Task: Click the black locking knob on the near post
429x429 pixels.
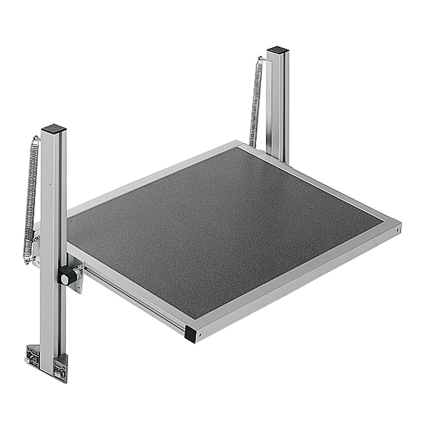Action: (x=67, y=276)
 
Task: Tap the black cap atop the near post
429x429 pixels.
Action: (x=54, y=129)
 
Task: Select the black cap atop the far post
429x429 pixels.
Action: (x=278, y=50)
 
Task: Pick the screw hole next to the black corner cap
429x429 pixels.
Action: (x=200, y=334)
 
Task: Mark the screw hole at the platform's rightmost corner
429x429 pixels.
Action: (x=396, y=231)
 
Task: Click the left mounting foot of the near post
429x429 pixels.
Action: (x=33, y=355)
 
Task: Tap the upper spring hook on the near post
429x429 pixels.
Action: (x=36, y=139)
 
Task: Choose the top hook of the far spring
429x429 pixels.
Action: (x=261, y=58)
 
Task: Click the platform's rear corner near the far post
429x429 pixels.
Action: (x=241, y=144)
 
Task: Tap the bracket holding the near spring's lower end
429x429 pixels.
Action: (x=36, y=249)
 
